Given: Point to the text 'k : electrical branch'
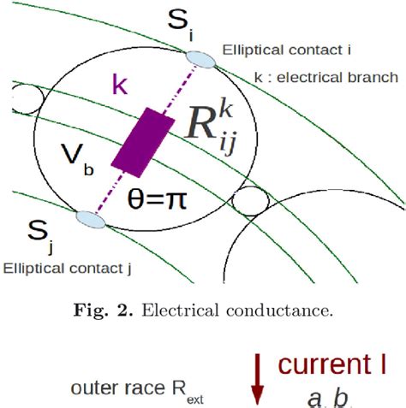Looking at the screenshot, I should tap(326, 77).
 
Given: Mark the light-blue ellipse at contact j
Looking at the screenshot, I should tap(90, 220).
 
